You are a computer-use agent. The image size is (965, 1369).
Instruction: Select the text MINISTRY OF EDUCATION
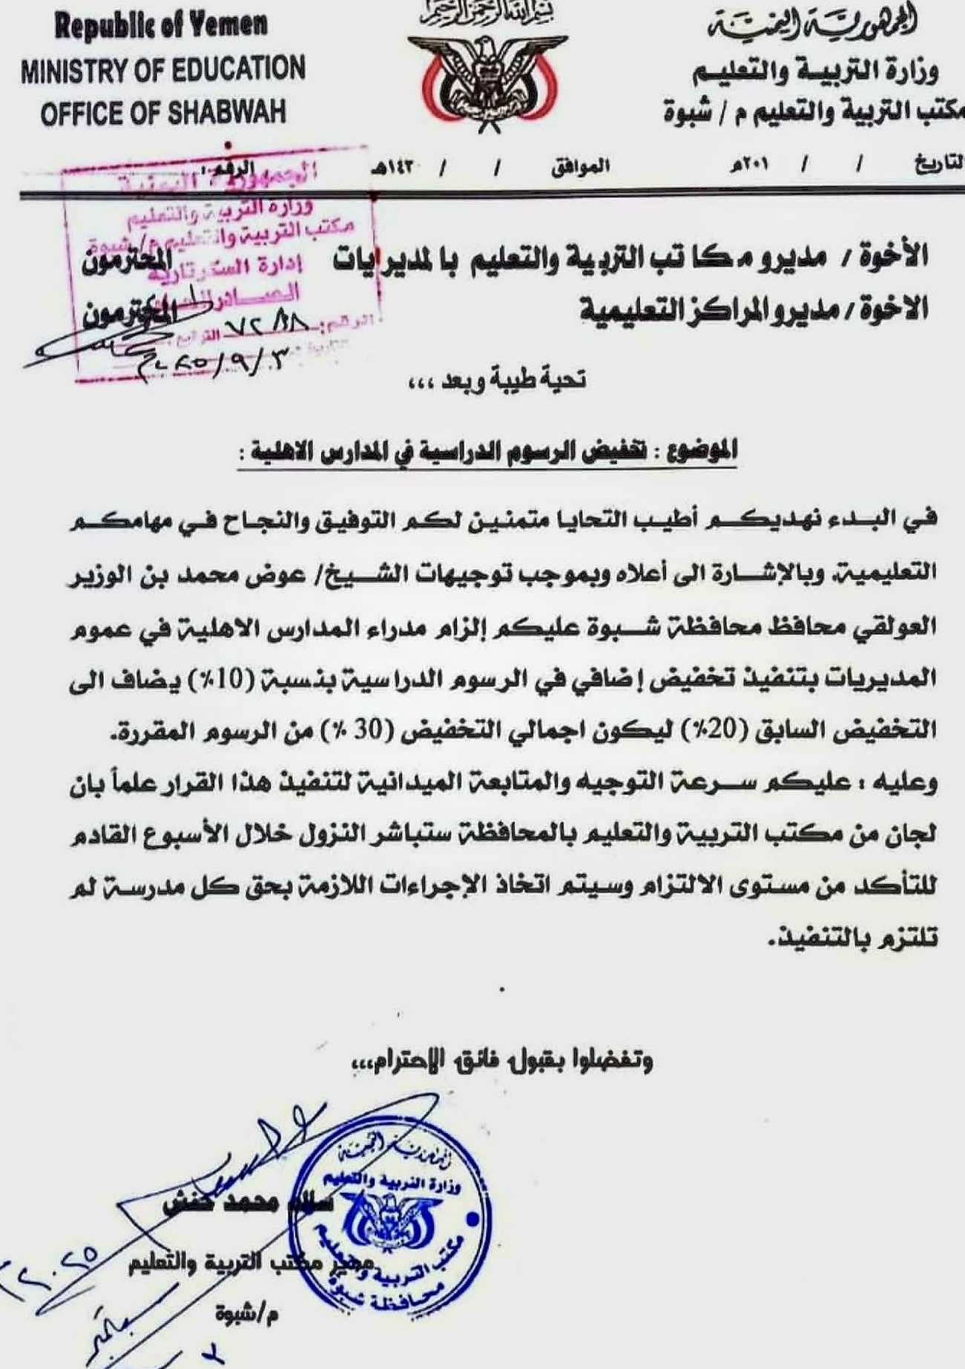(163, 70)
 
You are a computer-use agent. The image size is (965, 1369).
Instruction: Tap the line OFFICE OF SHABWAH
(163, 114)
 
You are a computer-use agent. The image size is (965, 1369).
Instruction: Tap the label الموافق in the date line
(580, 168)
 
